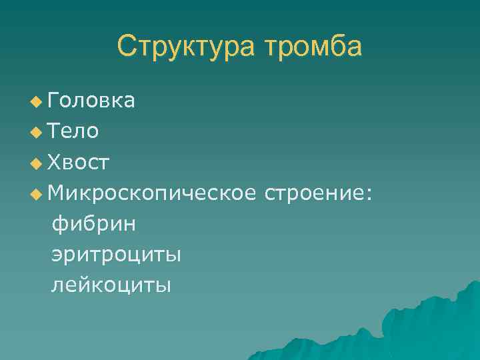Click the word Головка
pyautogui.click(x=92, y=100)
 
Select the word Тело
pyautogui.click(x=73, y=131)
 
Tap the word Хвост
pyautogui.click(x=79, y=162)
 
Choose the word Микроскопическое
pyautogui.click(x=152, y=193)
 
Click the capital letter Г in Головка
pyautogui.click(x=54, y=100)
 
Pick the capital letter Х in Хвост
pyautogui.click(x=55, y=162)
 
